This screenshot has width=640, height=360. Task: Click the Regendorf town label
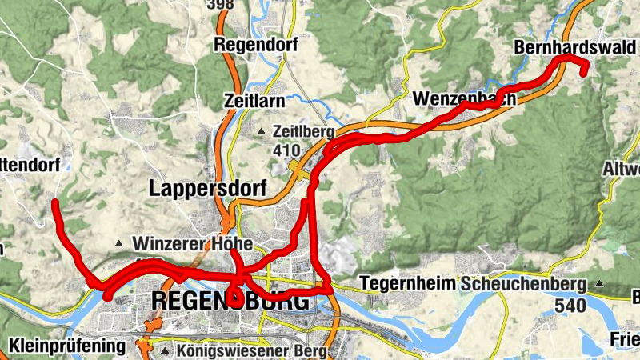click(x=255, y=46)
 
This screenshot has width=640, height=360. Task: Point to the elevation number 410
click(x=286, y=150)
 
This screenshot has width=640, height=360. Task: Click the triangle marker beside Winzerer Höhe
click(x=119, y=242)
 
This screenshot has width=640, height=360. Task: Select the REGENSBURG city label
click(x=230, y=302)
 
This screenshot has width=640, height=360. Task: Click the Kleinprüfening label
click(x=68, y=346)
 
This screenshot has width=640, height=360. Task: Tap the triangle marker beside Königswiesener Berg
click(x=164, y=350)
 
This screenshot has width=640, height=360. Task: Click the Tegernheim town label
click(x=407, y=283)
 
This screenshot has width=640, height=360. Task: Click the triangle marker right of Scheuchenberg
click(x=599, y=283)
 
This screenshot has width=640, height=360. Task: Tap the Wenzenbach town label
click(x=466, y=98)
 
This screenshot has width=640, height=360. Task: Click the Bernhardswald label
click(x=574, y=48)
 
